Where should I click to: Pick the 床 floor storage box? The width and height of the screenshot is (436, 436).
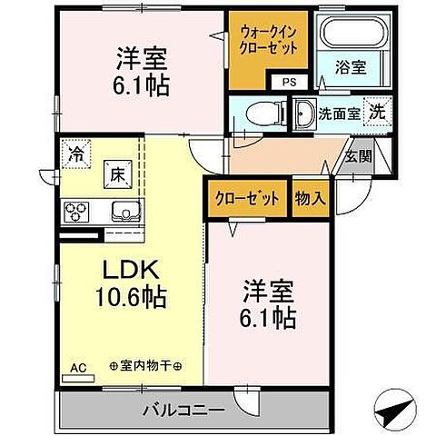pyautogui.click(x=118, y=171)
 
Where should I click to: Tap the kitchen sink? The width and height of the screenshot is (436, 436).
pyautogui.click(x=122, y=213)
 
